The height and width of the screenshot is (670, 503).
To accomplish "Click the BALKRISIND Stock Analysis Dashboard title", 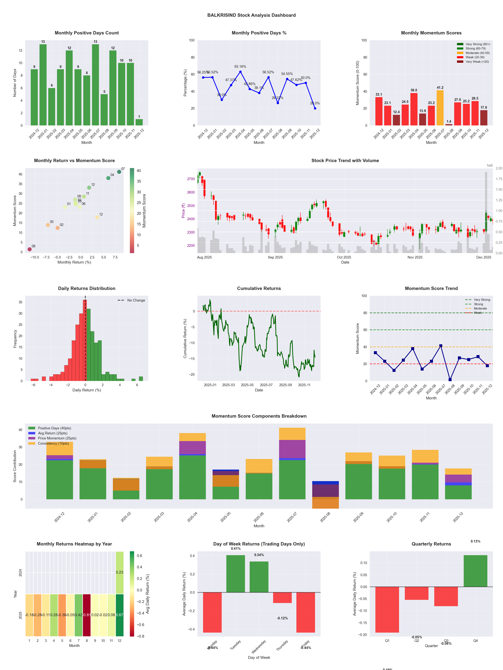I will pos(251,15).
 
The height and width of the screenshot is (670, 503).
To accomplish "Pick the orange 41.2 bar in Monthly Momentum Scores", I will pos(440,108).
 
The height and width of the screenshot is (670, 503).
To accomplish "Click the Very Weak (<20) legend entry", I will pos(477,61).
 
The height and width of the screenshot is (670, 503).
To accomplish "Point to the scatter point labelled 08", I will pos(29,249).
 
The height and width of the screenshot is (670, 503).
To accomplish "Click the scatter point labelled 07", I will pos(119,172).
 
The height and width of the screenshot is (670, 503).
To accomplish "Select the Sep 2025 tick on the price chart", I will pos(275,257).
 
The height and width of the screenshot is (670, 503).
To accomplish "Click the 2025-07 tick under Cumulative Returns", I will pos(266,385).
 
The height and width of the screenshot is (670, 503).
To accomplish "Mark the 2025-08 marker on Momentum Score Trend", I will pos(450,379).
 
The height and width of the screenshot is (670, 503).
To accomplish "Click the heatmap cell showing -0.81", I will pos(87,615).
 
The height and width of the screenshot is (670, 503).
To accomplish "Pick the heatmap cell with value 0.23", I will pos(119,572).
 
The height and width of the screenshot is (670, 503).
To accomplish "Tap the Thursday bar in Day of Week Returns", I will pos(282,597).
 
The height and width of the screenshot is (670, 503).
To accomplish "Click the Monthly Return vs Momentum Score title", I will pos(74,161).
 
